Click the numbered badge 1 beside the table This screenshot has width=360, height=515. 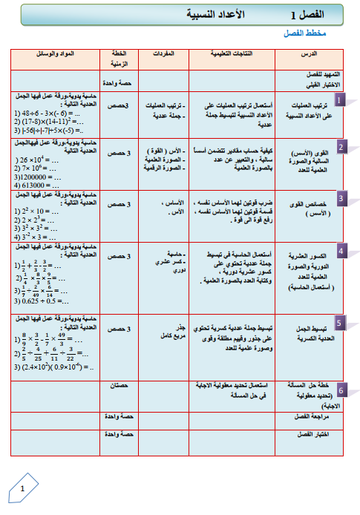click(x=340, y=100)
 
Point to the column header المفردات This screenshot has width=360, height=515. click(x=163, y=54)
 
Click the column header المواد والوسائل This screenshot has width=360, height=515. click(x=55, y=54)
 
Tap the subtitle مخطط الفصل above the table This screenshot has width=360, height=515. click(x=305, y=34)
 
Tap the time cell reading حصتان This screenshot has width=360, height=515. click(x=119, y=385)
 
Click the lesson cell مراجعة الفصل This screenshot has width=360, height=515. click(x=312, y=418)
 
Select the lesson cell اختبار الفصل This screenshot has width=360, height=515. click(x=312, y=433)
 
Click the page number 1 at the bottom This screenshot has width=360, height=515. click(x=22, y=489)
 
